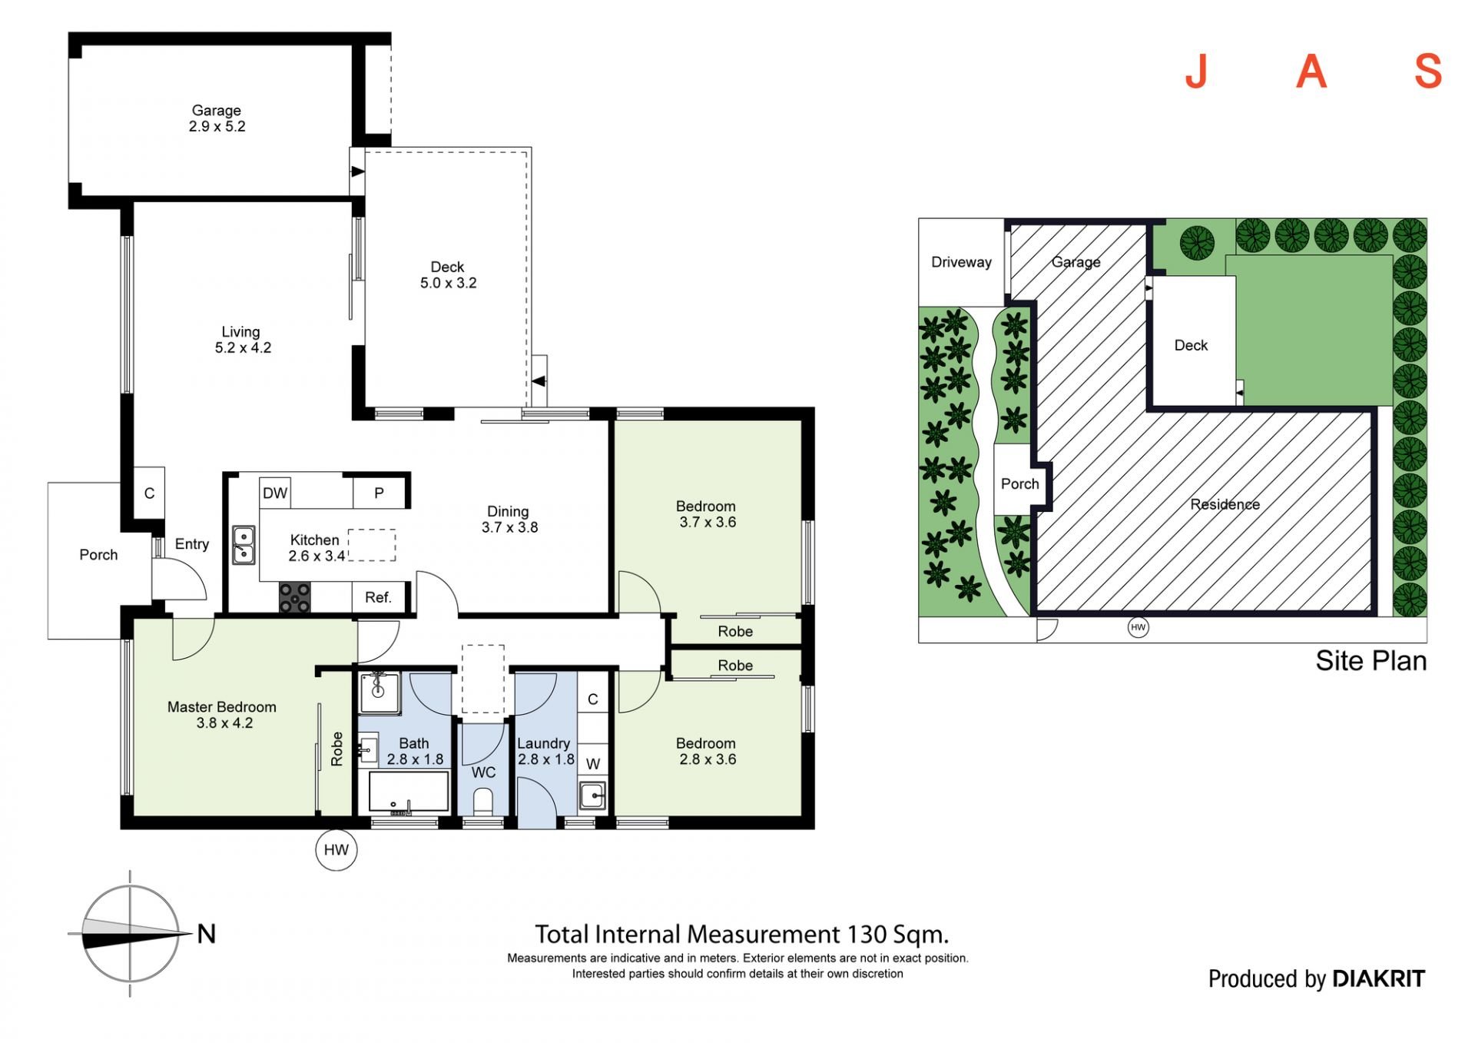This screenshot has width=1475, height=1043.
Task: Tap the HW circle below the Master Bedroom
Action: click(x=336, y=849)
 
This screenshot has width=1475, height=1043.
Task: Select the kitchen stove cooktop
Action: click(x=294, y=597)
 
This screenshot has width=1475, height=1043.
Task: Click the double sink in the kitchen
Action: click(x=244, y=545)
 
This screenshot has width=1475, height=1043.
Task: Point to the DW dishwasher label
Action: click(x=275, y=493)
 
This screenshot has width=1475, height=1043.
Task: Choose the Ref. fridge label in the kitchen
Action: click(x=378, y=597)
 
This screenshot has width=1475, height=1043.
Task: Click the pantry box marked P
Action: click(x=379, y=493)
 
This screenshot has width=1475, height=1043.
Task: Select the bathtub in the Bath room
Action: click(x=408, y=792)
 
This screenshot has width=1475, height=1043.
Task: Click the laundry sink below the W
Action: click(x=592, y=795)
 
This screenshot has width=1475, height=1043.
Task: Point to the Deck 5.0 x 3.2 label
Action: click(x=448, y=275)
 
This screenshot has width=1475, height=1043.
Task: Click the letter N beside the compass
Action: click(x=207, y=934)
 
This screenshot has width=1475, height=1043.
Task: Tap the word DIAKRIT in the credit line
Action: click(x=1378, y=978)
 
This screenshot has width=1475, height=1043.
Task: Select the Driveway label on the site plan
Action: click(x=961, y=262)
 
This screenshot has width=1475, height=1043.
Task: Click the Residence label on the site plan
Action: click(x=1225, y=504)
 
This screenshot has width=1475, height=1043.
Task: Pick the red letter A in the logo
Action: click(x=1311, y=71)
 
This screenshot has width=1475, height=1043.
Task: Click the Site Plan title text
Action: click(x=1371, y=661)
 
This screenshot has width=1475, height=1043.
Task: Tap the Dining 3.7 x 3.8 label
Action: click(x=509, y=520)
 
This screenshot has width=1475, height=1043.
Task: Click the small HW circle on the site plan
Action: click(x=1138, y=628)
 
